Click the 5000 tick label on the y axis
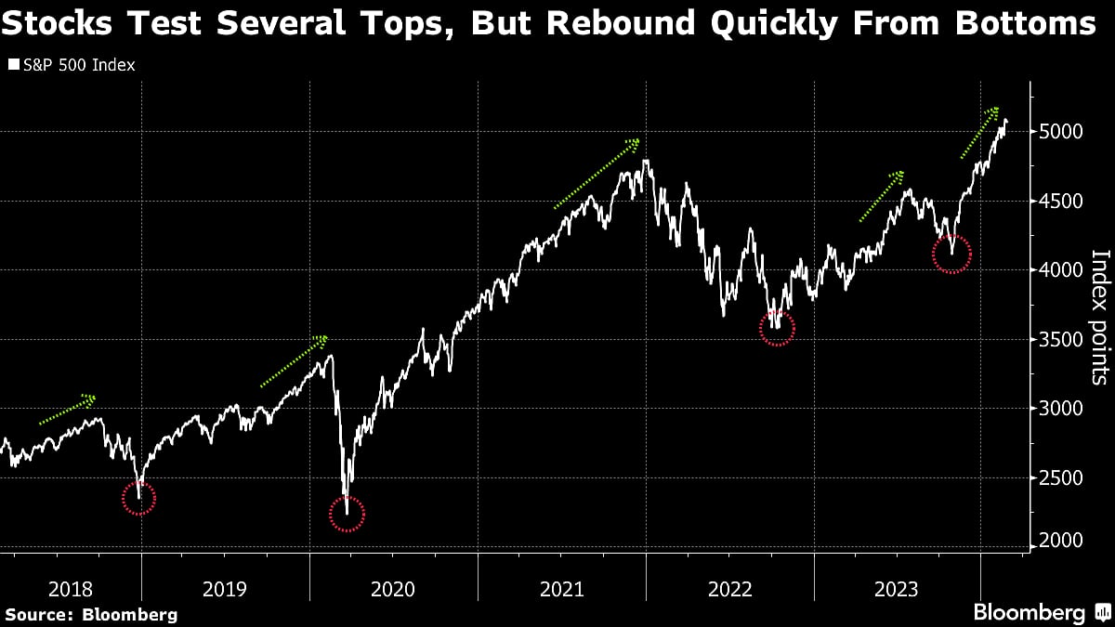tap(1061, 132)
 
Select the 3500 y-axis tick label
tap(1061, 341)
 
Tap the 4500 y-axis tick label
tap(1061, 202)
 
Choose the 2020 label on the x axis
tap(393, 589)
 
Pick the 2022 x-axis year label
tap(729, 589)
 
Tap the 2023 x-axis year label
tap(897, 589)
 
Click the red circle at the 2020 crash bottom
tap(347, 514)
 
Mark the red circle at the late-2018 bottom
tap(139, 499)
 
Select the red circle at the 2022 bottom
tap(778, 327)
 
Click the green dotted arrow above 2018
tap(67, 410)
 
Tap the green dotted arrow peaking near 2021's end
tap(597, 174)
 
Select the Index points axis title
tap(1100, 317)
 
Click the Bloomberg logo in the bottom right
tap(1040, 612)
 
